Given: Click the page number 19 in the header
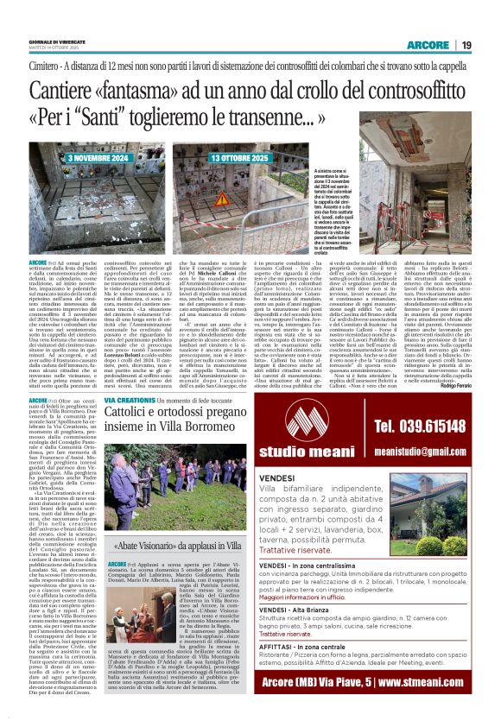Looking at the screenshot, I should point(466,45).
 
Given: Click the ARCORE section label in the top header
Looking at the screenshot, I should point(429,45).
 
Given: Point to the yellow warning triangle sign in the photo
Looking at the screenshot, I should point(222,199).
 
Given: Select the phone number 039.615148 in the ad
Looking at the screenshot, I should point(425,425).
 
